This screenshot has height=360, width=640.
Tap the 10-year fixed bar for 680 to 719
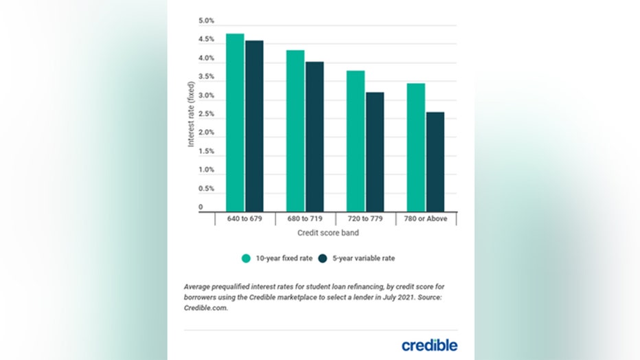pyautogui.click(x=295, y=131)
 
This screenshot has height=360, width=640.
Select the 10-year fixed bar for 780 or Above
pyautogui.click(x=415, y=147)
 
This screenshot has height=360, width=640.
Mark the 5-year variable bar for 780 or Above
pyautogui.click(x=435, y=161)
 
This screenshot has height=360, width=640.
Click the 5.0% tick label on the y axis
pyautogui.click(x=206, y=21)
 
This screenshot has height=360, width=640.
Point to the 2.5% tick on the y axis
pyautogui.click(x=206, y=133)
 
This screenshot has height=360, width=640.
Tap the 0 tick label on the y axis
pyautogui.click(x=201, y=207)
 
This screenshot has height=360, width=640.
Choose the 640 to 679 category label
pyautogui.click(x=245, y=220)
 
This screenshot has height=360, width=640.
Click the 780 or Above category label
pyautogui.click(x=426, y=220)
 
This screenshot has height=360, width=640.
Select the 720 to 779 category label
pyautogui.click(x=365, y=220)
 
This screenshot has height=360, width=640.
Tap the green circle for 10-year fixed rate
pyautogui.click(x=246, y=258)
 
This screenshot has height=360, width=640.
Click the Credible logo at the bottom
pyautogui.click(x=429, y=344)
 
